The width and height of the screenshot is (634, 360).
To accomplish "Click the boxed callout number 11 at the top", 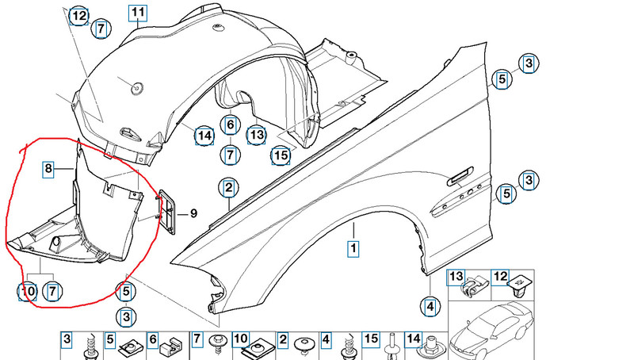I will pyautogui.click(x=138, y=13).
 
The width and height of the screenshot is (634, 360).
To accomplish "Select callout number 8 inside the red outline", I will pyautogui.click(x=48, y=168).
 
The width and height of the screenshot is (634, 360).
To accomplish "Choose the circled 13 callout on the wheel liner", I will pyautogui.click(x=256, y=136).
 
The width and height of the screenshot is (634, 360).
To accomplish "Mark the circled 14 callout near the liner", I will pyautogui.click(x=204, y=136).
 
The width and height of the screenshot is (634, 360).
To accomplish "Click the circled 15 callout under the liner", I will pyautogui.click(x=281, y=155).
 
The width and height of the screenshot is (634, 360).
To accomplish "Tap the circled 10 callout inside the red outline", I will pyautogui.click(x=28, y=293).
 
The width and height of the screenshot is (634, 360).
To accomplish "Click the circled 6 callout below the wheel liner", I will pyautogui.click(x=230, y=124).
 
